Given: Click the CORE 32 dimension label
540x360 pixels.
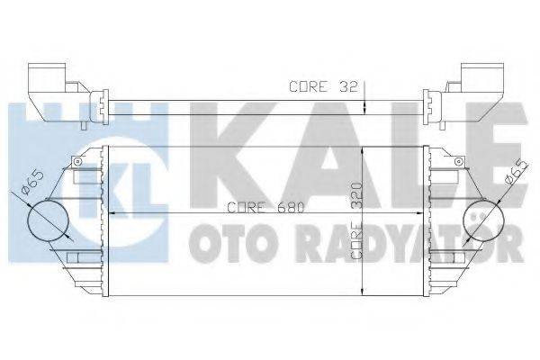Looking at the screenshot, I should [323, 87].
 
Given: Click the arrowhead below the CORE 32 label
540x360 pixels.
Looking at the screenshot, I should [362, 109].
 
